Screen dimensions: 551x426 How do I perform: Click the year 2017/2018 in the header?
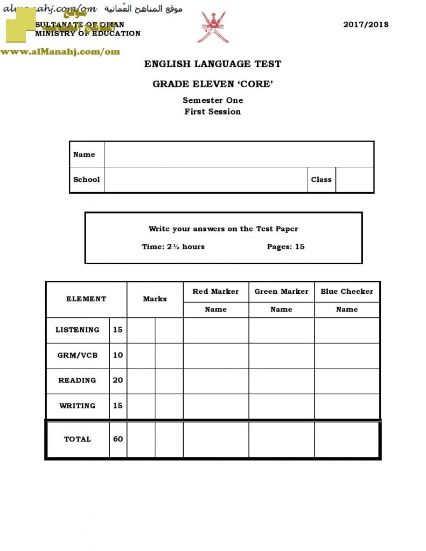tap(366, 24)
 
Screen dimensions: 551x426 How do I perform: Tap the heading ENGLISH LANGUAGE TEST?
tap(213, 64)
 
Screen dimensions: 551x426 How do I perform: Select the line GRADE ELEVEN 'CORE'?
tap(213, 83)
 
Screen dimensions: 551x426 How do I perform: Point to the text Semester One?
tap(213, 100)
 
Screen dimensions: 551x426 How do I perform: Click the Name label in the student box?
tap(84, 154)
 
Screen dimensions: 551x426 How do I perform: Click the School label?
tap(87, 180)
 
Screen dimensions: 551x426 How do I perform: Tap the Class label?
tap(321, 180)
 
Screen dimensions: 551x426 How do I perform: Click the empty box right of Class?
tap(354, 180)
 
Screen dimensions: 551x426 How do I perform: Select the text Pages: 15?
tap(285, 246)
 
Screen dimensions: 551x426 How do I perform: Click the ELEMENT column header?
tap(86, 299)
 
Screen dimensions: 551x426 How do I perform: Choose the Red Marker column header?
tap(215, 292)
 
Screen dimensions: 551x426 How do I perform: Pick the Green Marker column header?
tap(281, 292)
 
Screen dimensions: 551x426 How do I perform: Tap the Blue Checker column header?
tap(347, 292)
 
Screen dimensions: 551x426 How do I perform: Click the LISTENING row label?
tap(78, 330)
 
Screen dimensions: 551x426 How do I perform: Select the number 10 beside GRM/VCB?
tap(118, 355)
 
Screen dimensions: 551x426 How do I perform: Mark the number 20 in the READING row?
tap(118, 380)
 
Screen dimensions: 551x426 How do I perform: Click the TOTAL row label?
tap(78, 439)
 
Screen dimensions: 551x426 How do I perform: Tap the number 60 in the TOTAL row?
tap(118, 439)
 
